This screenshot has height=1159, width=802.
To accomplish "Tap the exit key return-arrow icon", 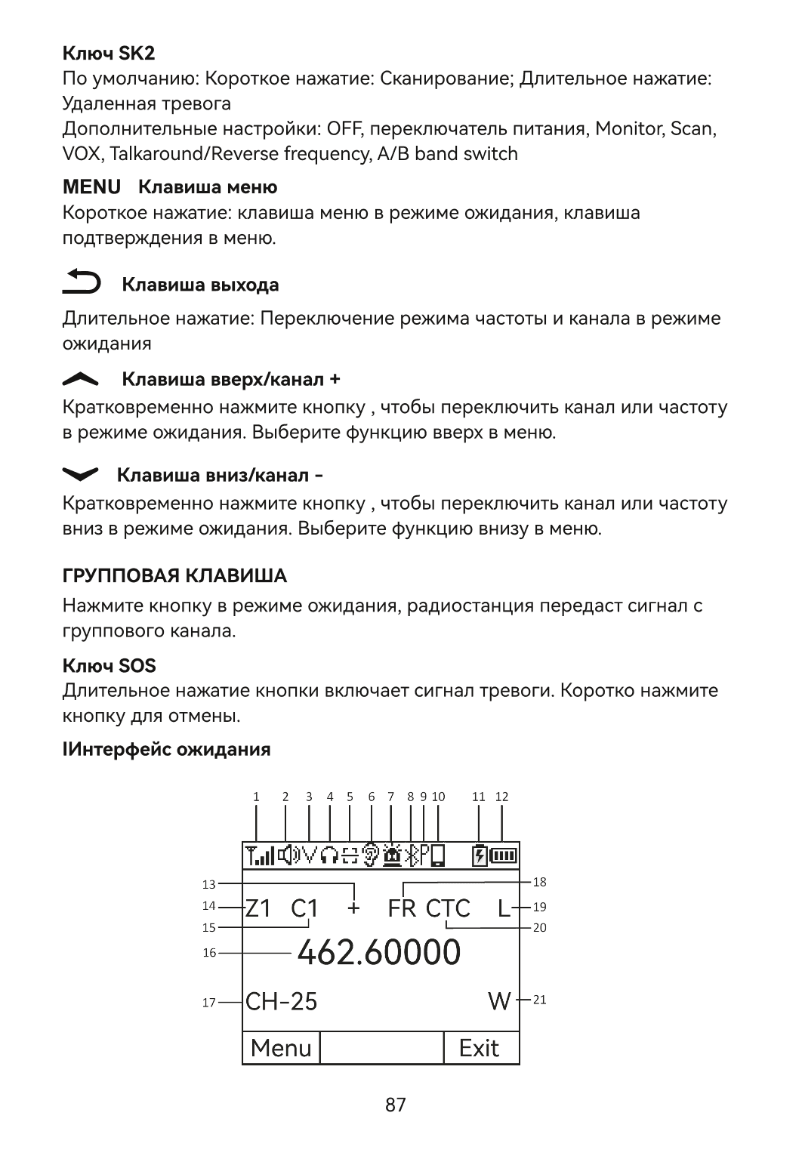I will click(x=82, y=282).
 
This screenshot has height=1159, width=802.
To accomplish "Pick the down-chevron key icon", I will click(x=80, y=474).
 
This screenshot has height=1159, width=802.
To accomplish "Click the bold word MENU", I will click(x=91, y=186).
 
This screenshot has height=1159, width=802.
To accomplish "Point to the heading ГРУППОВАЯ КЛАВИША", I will click(x=174, y=576).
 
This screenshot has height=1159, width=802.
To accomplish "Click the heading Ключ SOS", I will click(x=109, y=665).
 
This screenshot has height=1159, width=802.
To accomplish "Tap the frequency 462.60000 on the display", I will click(x=378, y=953).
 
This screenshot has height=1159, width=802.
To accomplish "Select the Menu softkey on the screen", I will click(x=281, y=1048).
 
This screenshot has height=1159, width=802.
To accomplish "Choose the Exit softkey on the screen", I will click(x=480, y=1048).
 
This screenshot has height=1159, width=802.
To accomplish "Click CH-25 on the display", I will click(x=282, y=1001).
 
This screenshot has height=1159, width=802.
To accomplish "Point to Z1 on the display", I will click(x=258, y=908).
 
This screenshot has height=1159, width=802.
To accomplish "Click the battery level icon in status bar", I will click(x=504, y=855).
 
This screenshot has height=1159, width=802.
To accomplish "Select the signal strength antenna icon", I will click(x=259, y=855).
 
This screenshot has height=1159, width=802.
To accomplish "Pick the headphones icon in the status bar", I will click(x=330, y=855).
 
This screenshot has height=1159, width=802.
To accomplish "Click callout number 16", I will click(x=209, y=953).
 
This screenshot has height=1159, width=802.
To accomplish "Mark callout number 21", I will click(x=539, y=1000).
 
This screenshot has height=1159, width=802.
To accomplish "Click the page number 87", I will click(x=396, y=1105).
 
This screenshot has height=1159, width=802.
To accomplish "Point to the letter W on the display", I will click(x=499, y=1001).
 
